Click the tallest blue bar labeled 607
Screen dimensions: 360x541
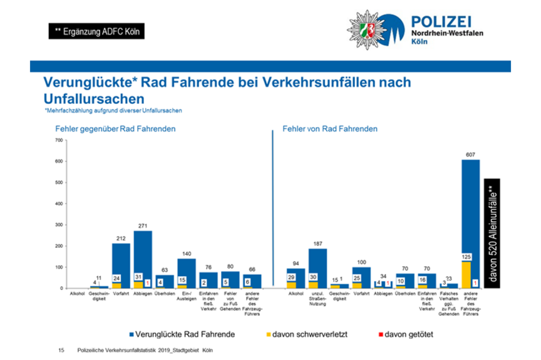[470, 213]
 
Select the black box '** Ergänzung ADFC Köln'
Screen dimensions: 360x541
[96, 31]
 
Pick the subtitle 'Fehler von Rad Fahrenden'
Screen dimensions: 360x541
[330, 128]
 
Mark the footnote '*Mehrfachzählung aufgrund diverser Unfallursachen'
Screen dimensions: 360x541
[113, 111]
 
